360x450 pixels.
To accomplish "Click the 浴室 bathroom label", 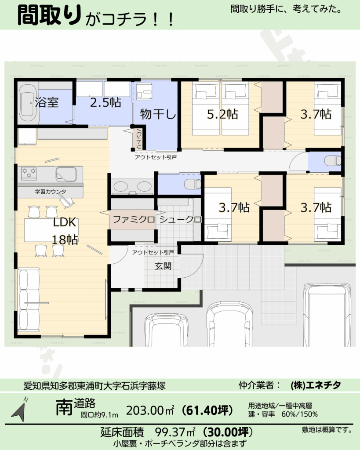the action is pyautogui.click(x=47, y=102).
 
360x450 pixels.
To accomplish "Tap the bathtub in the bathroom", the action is pyautogui.click(x=28, y=104).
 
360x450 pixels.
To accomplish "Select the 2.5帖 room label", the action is pyautogui.click(x=105, y=102).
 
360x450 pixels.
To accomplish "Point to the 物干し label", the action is pyautogui.click(x=158, y=114).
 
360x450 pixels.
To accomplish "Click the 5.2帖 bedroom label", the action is pyautogui.click(x=222, y=114).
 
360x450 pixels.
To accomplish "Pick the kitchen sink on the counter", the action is pyautogui.click(x=66, y=174).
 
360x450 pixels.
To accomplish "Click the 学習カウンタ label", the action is pyautogui.click(x=51, y=192).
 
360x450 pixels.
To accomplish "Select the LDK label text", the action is pyautogui.click(x=64, y=222).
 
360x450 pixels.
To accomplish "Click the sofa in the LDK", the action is pyautogui.click(x=29, y=300).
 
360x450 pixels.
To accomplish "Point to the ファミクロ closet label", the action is pyautogui.click(x=134, y=220).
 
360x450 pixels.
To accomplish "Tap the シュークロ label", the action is pyautogui.click(x=180, y=220).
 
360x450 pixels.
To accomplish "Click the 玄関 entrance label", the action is pyautogui.click(x=163, y=266).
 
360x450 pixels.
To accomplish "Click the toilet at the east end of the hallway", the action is pyautogui.click(x=333, y=161).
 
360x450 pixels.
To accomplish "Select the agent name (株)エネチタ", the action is pyautogui.click(x=316, y=385).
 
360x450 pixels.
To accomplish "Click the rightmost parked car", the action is pyautogui.click(x=327, y=315).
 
